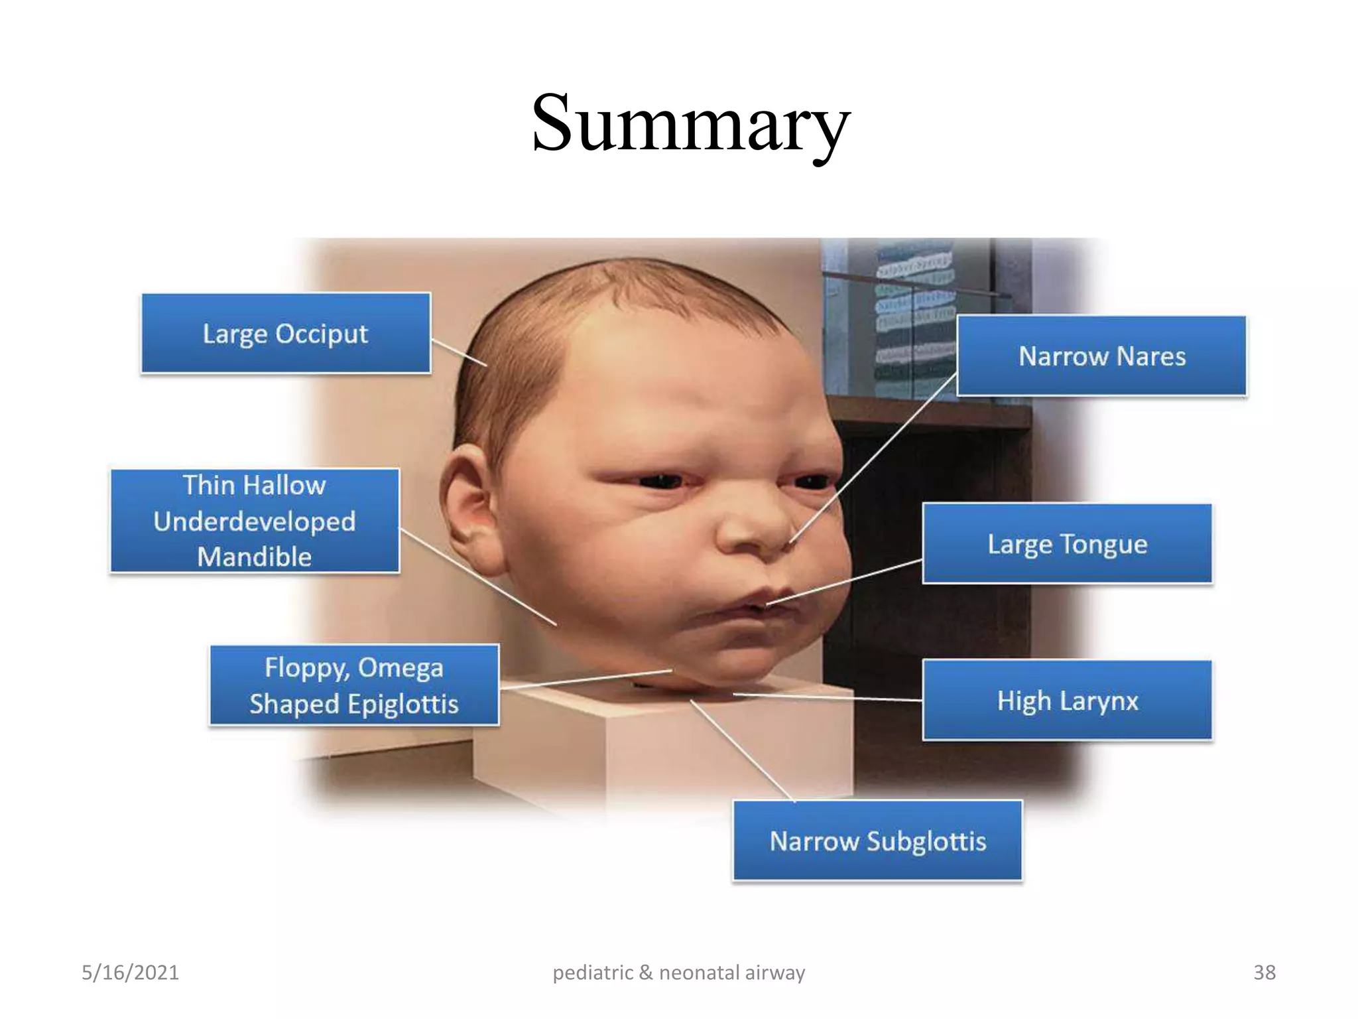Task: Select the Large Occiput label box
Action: coord(286,333)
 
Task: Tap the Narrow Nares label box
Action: coord(1101,356)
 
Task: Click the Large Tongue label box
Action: coord(1067,544)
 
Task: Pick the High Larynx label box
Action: coord(1067,701)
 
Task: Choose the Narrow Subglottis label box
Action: coord(877,841)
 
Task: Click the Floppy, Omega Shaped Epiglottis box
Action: coord(354,685)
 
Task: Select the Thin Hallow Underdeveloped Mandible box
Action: coord(255,521)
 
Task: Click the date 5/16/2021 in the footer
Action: coord(130,973)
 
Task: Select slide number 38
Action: coord(1264,973)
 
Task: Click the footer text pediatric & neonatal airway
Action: coord(678,973)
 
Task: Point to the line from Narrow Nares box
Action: coord(875,458)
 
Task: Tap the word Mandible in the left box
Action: coord(255,557)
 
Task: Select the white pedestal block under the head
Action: coord(663,743)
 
